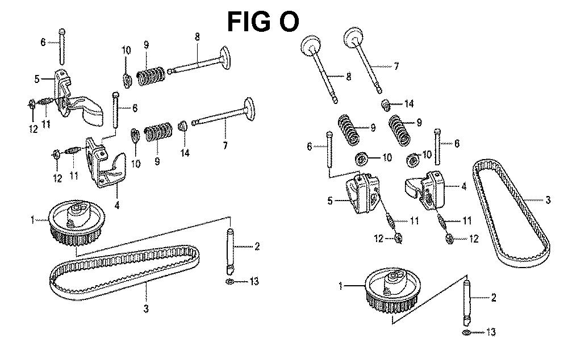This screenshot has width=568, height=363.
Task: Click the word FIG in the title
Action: pos(248,22)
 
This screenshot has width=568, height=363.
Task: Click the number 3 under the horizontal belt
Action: pos(146,309)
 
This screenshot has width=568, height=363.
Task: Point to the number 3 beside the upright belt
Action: pos(548,199)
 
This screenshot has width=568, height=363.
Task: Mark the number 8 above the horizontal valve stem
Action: pos(197,37)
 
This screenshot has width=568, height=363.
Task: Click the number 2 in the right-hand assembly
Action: pos(494,297)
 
